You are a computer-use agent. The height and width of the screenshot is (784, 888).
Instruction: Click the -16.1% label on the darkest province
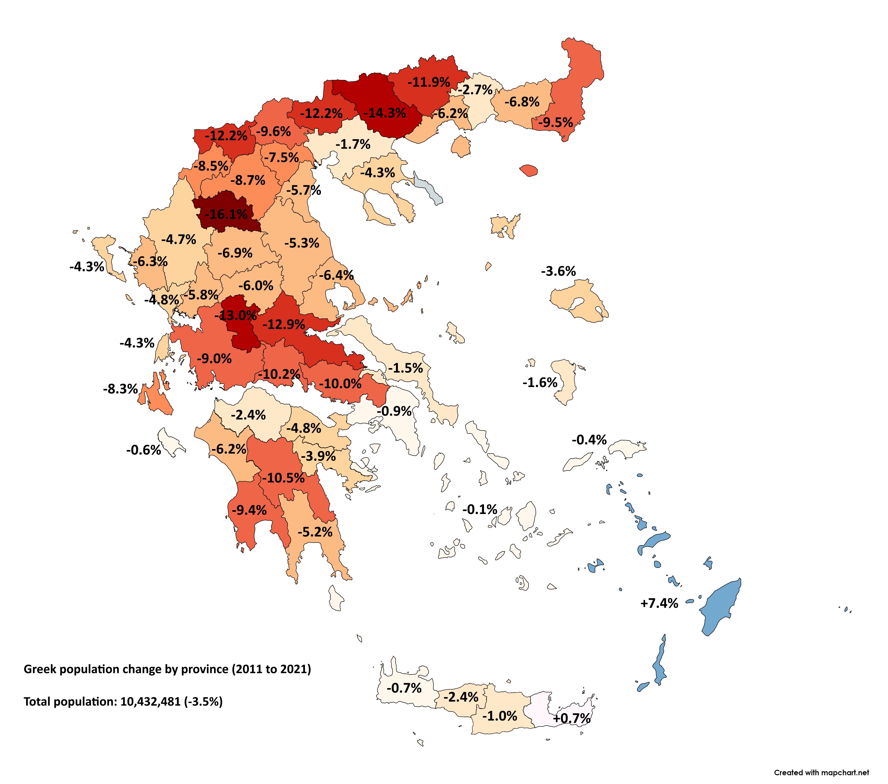pyautogui.click(x=226, y=214)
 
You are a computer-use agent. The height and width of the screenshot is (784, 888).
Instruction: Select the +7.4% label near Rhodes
pyautogui.click(x=659, y=603)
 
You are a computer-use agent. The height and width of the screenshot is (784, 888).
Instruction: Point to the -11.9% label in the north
pyautogui.click(x=428, y=82)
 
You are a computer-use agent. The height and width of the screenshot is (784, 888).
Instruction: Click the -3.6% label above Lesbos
pyautogui.click(x=558, y=272)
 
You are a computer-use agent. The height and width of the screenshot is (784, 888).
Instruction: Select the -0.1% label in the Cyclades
pyautogui.click(x=480, y=509)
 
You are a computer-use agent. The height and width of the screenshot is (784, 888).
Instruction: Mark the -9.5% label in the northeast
pyautogui.click(x=556, y=122)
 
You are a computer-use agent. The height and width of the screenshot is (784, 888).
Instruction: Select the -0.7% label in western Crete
pyautogui.click(x=404, y=688)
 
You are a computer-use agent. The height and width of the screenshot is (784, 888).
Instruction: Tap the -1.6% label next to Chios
pyautogui.click(x=540, y=383)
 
